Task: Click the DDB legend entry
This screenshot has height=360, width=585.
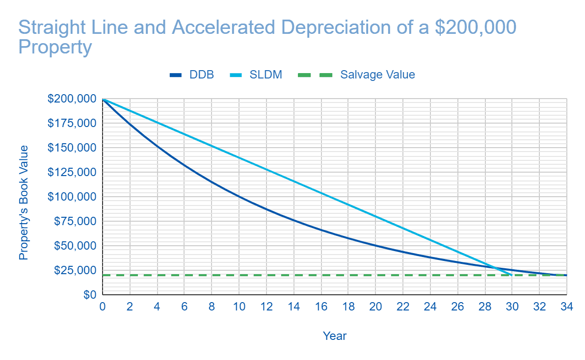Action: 191,75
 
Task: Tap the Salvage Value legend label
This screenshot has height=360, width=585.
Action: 377,75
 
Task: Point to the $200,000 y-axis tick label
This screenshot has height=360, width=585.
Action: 72,99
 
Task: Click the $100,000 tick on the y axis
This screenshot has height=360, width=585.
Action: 72,197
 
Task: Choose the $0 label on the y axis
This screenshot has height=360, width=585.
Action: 88,295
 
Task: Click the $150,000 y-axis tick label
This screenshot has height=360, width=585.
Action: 72,148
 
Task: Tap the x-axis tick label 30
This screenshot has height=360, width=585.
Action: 512,307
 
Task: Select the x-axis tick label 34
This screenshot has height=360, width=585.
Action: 566,307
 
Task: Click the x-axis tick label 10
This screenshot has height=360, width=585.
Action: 239,307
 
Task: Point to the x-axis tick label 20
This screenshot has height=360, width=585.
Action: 375,307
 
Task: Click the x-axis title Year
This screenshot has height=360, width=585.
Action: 335,336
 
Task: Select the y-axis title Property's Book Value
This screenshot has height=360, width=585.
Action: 23,203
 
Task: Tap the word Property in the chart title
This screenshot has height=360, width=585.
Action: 55,48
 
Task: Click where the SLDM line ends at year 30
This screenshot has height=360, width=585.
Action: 512,275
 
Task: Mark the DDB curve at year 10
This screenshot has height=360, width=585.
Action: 239,197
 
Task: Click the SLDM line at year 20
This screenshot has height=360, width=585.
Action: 375,216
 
